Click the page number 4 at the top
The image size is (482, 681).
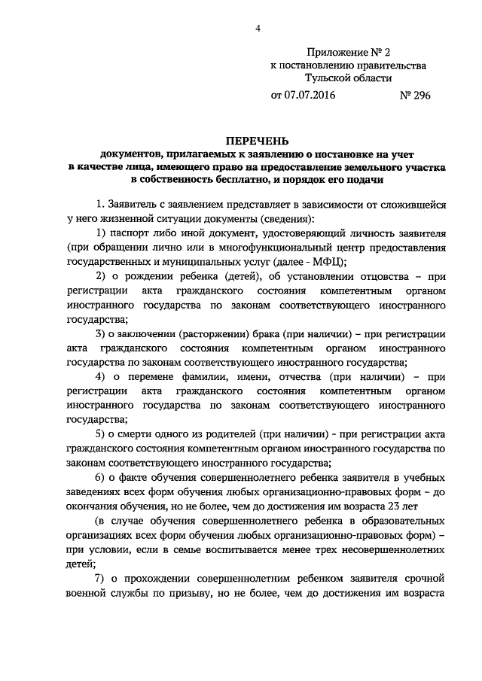pyautogui.click(x=258, y=29)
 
